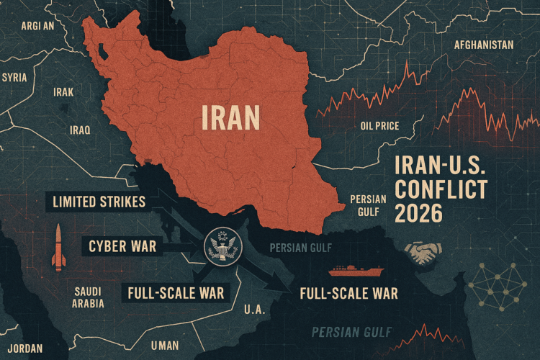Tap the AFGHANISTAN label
tap(483, 45)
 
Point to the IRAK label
tap(63, 92)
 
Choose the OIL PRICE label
tap(379, 126)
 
